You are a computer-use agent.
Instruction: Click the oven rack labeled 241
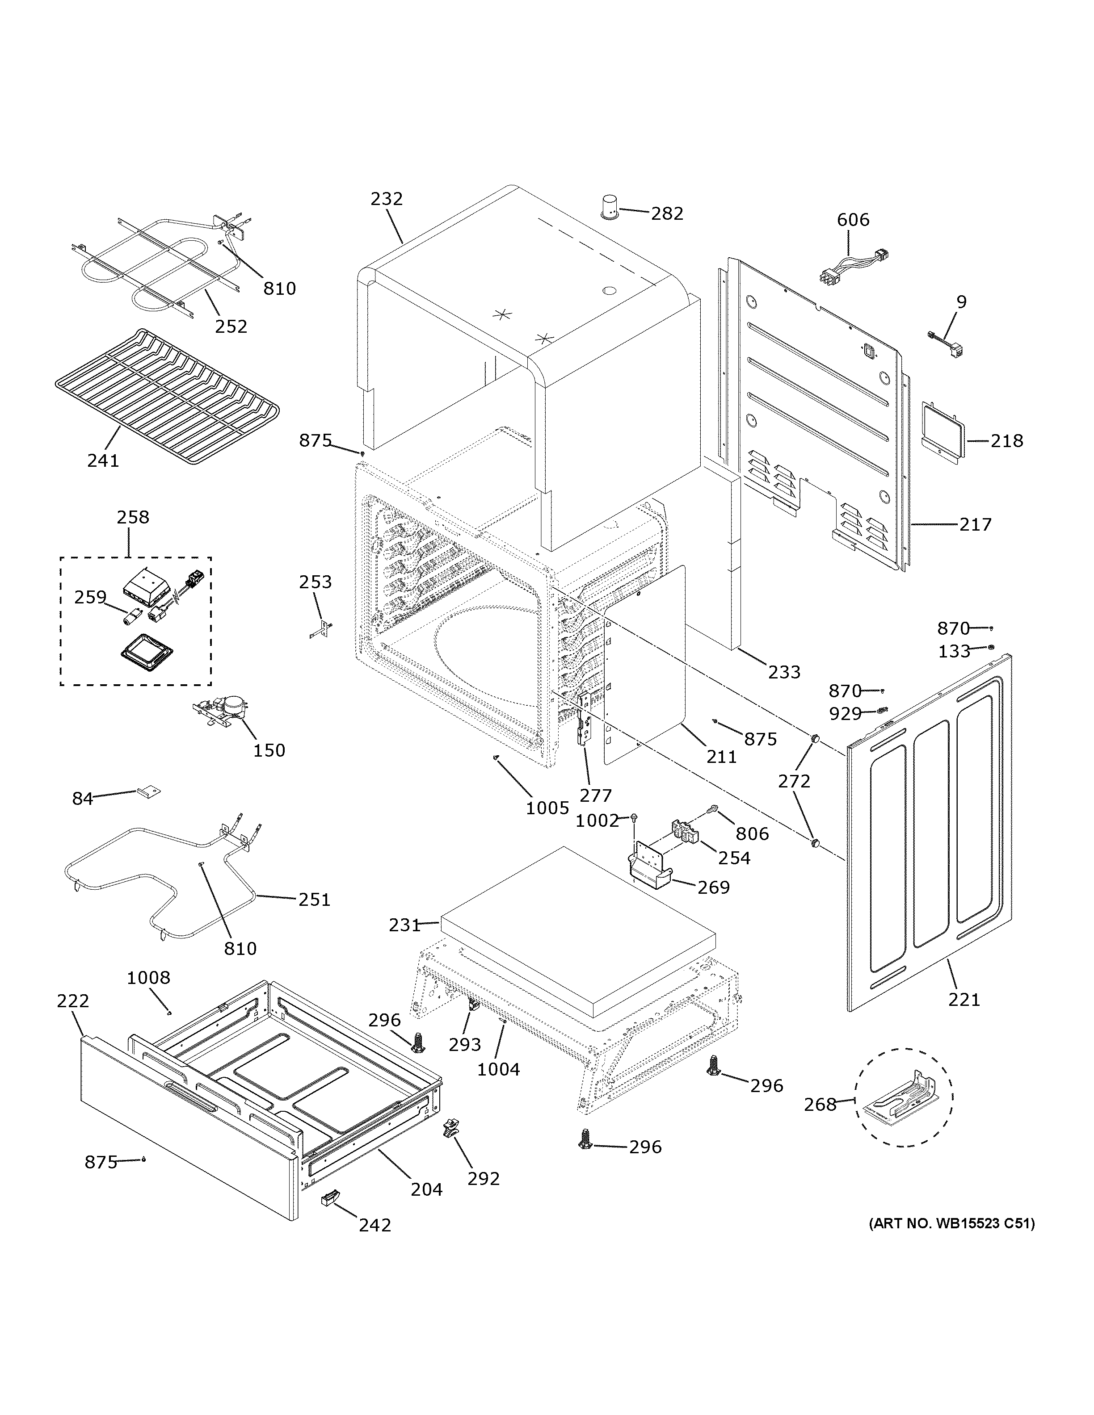[167, 395]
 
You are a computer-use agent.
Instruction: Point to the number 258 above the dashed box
[133, 517]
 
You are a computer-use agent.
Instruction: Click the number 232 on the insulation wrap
[387, 198]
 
